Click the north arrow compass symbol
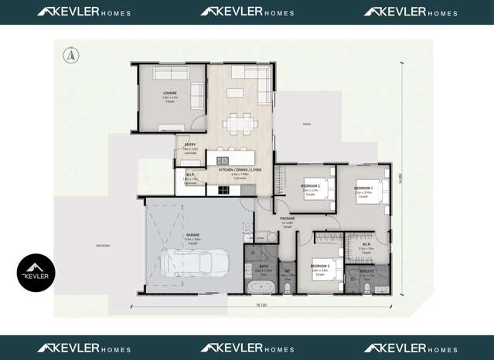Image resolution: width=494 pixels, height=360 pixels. [x=71, y=55]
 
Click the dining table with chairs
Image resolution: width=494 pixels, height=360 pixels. [x=240, y=122]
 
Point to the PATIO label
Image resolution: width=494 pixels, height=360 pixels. [x=306, y=124]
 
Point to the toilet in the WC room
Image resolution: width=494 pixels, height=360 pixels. [x=287, y=287]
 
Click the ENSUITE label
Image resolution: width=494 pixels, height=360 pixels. [x=366, y=271]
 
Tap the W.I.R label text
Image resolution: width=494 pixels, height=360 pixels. [x=366, y=245]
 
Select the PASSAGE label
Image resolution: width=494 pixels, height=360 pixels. [x=288, y=219]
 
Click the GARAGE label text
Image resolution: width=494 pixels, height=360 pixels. [x=192, y=234]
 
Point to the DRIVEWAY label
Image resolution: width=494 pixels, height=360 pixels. [x=104, y=246]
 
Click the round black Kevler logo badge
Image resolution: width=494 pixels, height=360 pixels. [x=36, y=273]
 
